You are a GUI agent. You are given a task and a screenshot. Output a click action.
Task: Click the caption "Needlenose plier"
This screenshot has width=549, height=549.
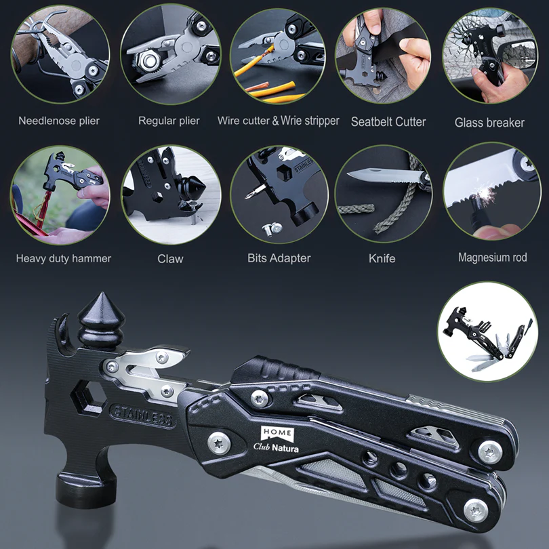pos(59,121)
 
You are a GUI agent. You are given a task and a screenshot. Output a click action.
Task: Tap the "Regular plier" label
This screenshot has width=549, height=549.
pos(169,121)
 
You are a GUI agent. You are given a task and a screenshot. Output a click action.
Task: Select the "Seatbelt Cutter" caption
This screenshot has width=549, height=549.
pos(388,122)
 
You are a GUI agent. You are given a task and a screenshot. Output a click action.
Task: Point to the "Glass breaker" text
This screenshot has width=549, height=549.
pos(489,123)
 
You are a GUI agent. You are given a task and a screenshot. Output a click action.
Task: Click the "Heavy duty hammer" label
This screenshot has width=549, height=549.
pos(64,258)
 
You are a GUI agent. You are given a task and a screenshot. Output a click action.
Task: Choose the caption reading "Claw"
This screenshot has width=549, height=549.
pos(170,258)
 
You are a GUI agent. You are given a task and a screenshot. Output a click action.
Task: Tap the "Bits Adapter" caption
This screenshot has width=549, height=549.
pos(279,258)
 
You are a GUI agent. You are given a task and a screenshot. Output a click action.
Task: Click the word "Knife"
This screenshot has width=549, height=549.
pos(382,258)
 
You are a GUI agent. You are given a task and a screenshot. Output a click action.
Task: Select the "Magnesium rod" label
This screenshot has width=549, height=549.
pos(492,258)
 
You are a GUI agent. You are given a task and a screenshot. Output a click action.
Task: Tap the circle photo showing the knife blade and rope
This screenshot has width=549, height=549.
pos(383,192)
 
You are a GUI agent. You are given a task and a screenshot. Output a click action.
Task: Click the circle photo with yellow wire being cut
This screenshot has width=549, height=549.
pos(279,56)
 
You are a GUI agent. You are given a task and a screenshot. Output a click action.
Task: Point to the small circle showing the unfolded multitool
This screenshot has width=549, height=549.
pos(486,331)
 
